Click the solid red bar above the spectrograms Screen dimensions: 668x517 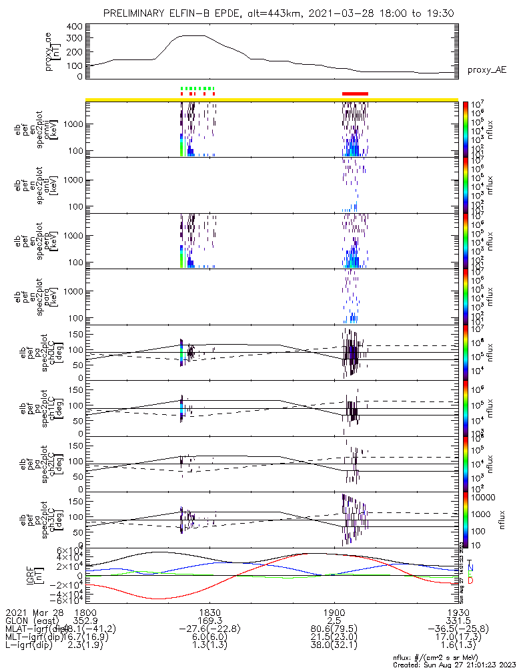(x=355, y=94)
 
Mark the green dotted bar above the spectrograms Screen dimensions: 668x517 (x=197, y=88)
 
